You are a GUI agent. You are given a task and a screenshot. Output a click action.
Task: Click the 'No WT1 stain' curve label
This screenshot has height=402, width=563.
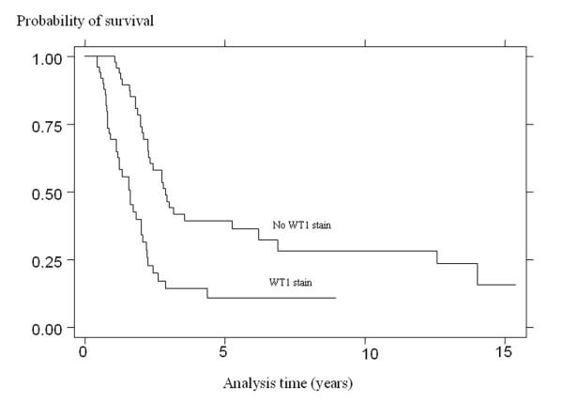click(302, 225)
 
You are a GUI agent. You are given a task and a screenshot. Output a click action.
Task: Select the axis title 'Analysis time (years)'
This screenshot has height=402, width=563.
click(289, 383)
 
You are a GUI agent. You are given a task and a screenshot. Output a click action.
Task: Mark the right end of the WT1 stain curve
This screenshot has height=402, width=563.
click(335, 298)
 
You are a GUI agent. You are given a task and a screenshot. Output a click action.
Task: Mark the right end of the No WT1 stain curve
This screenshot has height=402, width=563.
click(515, 285)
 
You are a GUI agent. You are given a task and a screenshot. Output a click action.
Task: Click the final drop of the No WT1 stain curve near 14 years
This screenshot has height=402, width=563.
click(478, 274)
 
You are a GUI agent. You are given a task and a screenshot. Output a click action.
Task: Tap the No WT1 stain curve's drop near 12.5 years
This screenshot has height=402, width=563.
click(436, 257)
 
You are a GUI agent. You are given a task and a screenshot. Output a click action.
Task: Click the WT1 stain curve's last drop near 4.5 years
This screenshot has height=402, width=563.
click(207, 292)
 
